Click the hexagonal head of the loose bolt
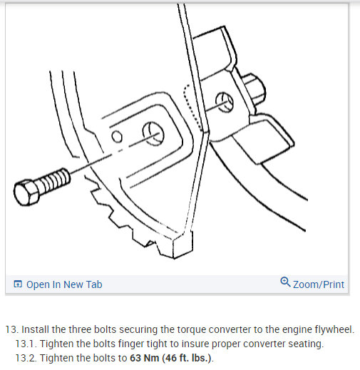pyautogui.click(x=26, y=192)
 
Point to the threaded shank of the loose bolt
pyautogui.click(x=54, y=180)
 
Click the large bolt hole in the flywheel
pyautogui.click(x=153, y=134)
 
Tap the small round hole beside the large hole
pyautogui.click(x=117, y=137)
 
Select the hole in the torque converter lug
pyautogui.click(x=224, y=102)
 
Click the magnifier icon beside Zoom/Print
pyautogui.click(x=285, y=282)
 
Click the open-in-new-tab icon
pyautogui.click(x=18, y=284)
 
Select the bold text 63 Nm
pyautogui.click(x=144, y=358)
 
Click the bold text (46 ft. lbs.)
pyautogui.click(x=187, y=358)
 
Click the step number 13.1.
pyautogui.click(x=26, y=344)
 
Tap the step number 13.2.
pyautogui.click(x=26, y=358)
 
